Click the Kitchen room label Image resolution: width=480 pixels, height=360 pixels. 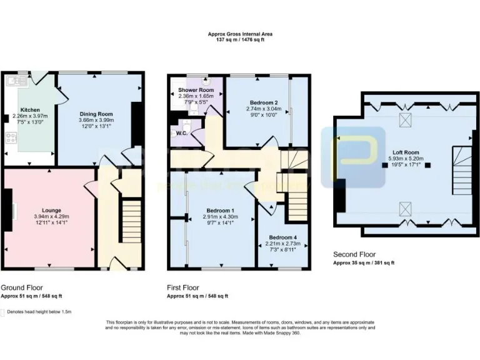pos(30,109)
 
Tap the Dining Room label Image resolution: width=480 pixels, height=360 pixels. pos(96,114)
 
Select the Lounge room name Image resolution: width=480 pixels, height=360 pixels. pos(51,210)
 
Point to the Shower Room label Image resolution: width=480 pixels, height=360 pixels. pos(192,90)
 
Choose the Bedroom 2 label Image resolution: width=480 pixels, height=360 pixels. pos(263,102)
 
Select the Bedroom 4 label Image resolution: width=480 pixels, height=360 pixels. pos(283,237)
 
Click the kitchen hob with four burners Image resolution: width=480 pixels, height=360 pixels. pos(11,139)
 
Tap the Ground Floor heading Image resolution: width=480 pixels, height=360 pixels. pos(21,287)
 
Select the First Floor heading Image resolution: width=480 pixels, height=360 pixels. pos(184,287)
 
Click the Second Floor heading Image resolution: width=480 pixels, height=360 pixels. pos(355,255)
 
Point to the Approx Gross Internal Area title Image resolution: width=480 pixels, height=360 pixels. pos(240,34)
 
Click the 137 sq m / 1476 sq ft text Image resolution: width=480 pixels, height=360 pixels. pos(240,39)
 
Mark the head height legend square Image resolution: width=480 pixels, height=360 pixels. pos(2,312)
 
